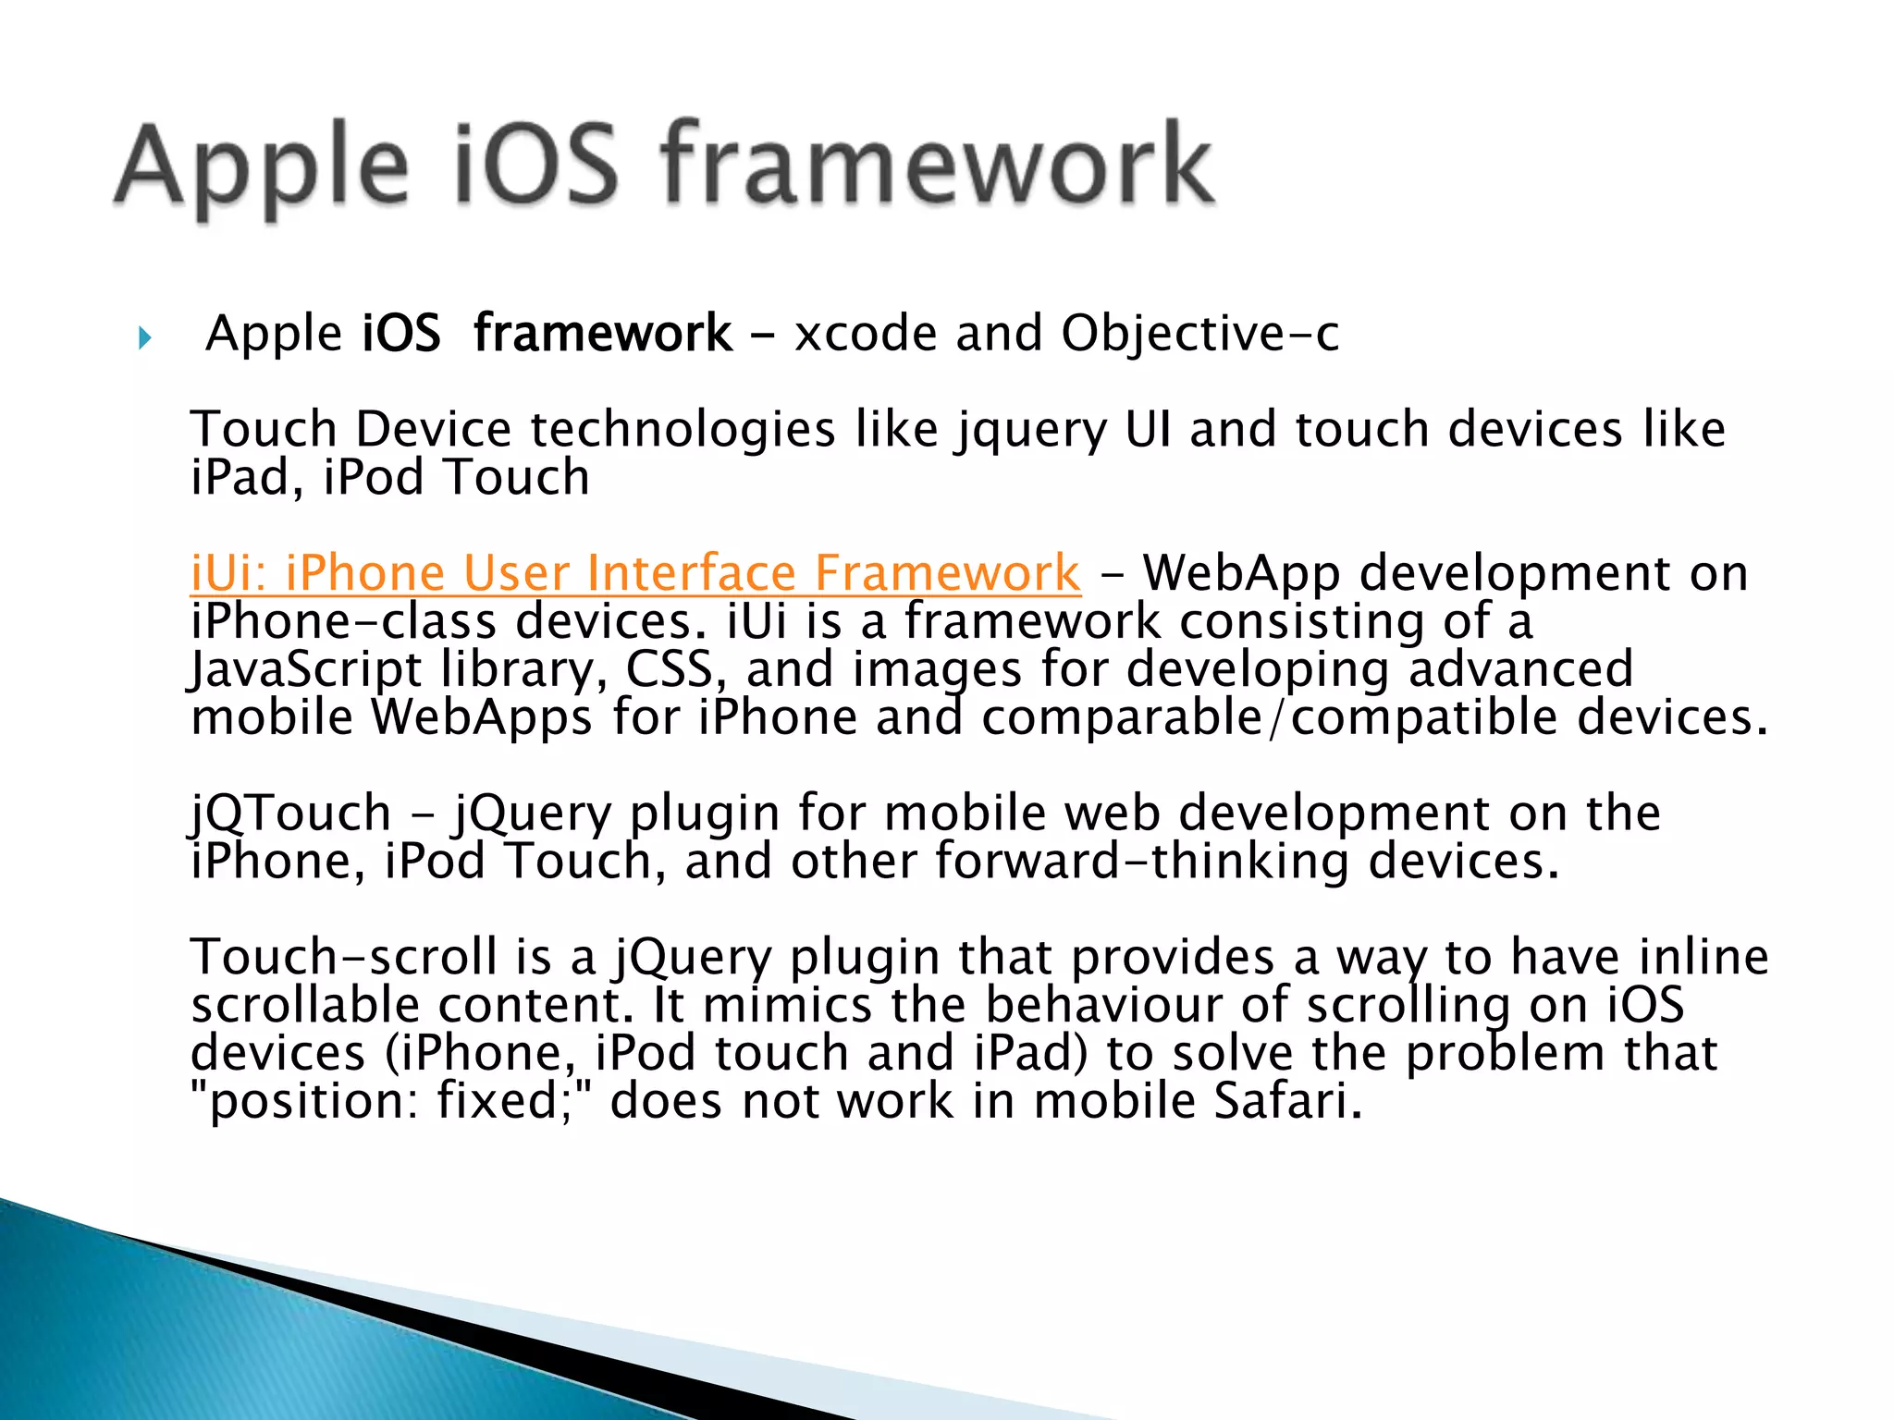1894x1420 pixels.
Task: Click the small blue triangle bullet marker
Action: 144,337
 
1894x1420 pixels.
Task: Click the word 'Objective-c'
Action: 1199,334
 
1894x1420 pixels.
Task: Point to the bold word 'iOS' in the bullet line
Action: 401,334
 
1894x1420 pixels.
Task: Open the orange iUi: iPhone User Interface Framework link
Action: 634,573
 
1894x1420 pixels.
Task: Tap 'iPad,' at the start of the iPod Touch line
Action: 247,479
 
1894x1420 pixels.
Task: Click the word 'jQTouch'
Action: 290,814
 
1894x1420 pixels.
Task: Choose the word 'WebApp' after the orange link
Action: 1241,573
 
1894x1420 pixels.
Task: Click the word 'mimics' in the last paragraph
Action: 787,1006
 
